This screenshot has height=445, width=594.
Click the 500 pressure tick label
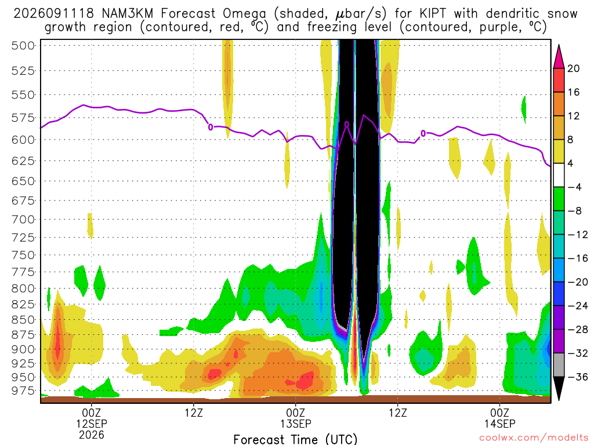[x=23, y=46]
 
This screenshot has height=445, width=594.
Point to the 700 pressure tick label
[x=23, y=220]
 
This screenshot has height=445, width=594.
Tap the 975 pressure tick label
[x=23, y=391]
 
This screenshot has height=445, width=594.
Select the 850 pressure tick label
[x=23, y=320]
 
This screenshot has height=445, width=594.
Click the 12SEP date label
[x=92, y=424]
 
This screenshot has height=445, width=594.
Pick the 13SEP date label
[x=295, y=424]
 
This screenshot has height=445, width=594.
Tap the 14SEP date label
[x=499, y=424]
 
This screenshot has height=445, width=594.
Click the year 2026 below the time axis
[x=92, y=435]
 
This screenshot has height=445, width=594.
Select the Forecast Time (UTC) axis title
[x=295, y=439]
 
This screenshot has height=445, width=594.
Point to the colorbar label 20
[x=574, y=68]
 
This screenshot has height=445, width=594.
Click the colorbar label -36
[x=577, y=377]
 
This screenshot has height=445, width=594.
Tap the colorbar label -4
[x=574, y=187]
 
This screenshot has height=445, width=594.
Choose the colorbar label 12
[x=574, y=116]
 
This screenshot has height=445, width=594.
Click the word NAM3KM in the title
[x=128, y=14]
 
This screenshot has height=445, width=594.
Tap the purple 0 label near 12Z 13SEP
[x=423, y=133]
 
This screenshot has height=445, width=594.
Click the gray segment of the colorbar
[x=559, y=365]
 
